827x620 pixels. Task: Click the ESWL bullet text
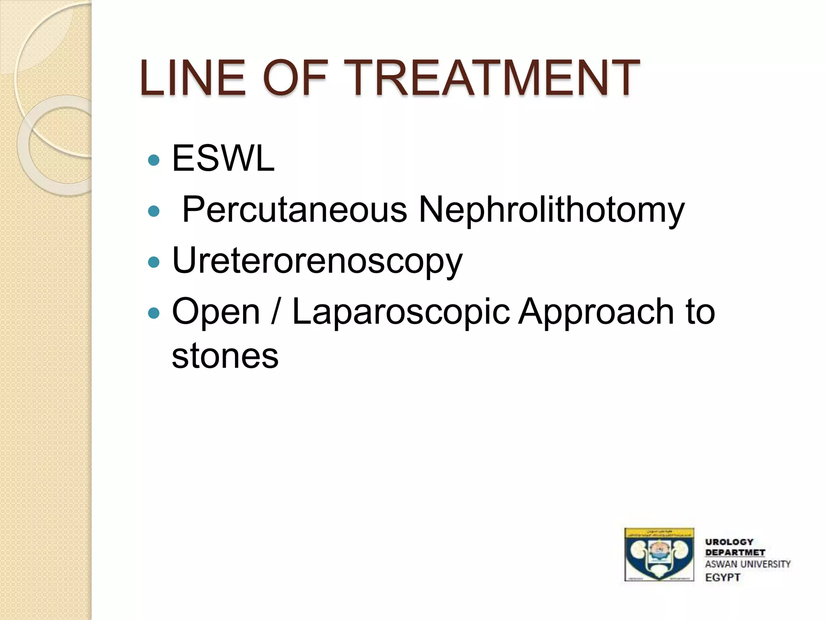click(223, 158)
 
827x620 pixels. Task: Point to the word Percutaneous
click(294, 209)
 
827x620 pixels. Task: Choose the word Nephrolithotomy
click(552, 209)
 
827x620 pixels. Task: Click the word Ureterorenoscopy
click(317, 261)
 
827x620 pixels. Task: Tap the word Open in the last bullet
click(216, 312)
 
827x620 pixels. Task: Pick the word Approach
click(596, 312)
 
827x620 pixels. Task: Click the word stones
click(225, 356)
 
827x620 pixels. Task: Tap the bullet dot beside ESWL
click(154, 161)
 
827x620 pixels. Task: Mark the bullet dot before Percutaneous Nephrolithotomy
click(154, 211)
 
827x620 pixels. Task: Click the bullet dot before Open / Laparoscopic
click(154, 313)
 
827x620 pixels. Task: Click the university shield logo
click(659, 554)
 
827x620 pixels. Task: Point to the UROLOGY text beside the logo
click(729, 542)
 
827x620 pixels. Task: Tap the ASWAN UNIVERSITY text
click(748, 564)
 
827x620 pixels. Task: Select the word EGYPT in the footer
click(723, 577)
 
